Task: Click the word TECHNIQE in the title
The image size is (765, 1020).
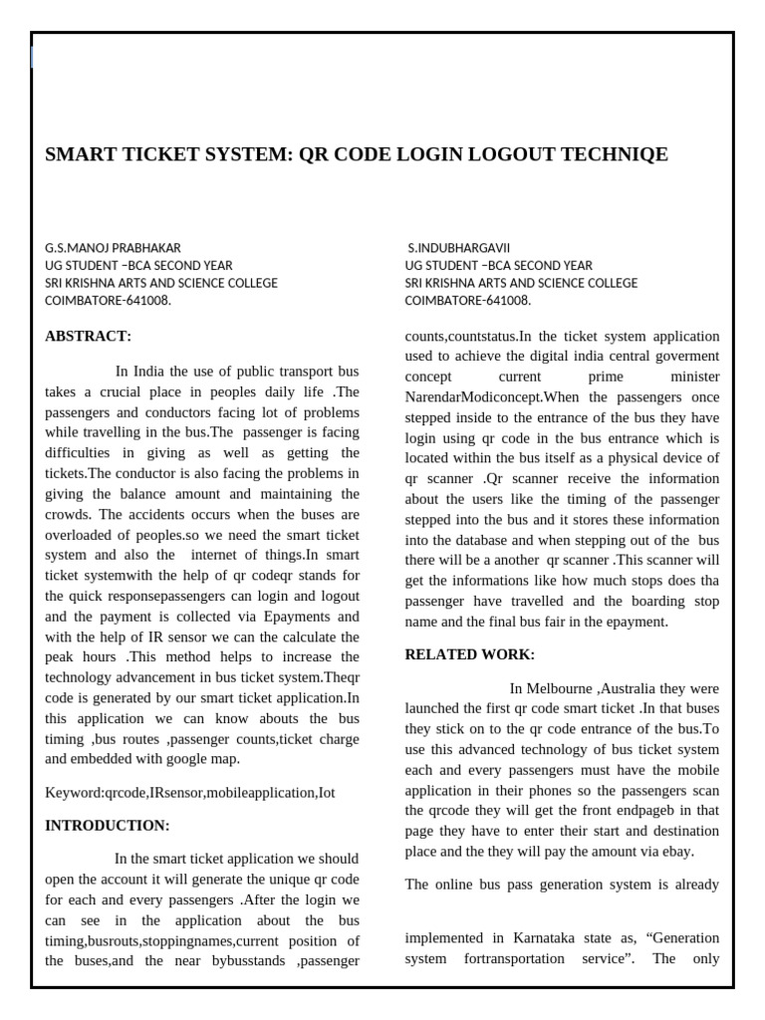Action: [x=608, y=154]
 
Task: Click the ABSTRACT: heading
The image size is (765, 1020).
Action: [x=88, y=336]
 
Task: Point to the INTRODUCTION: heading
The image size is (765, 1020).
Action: [x=108, y=825]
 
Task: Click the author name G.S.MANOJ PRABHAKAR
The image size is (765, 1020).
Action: [x=113, y=247]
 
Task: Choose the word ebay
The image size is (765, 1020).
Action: [x=678, y=852]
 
